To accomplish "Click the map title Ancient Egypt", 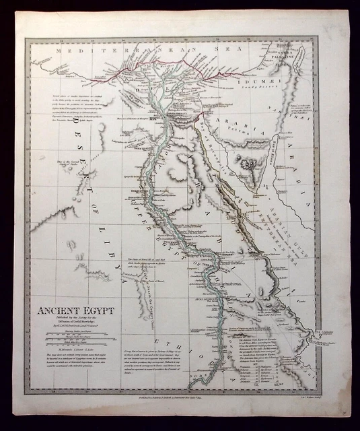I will (x=75, y=311).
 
